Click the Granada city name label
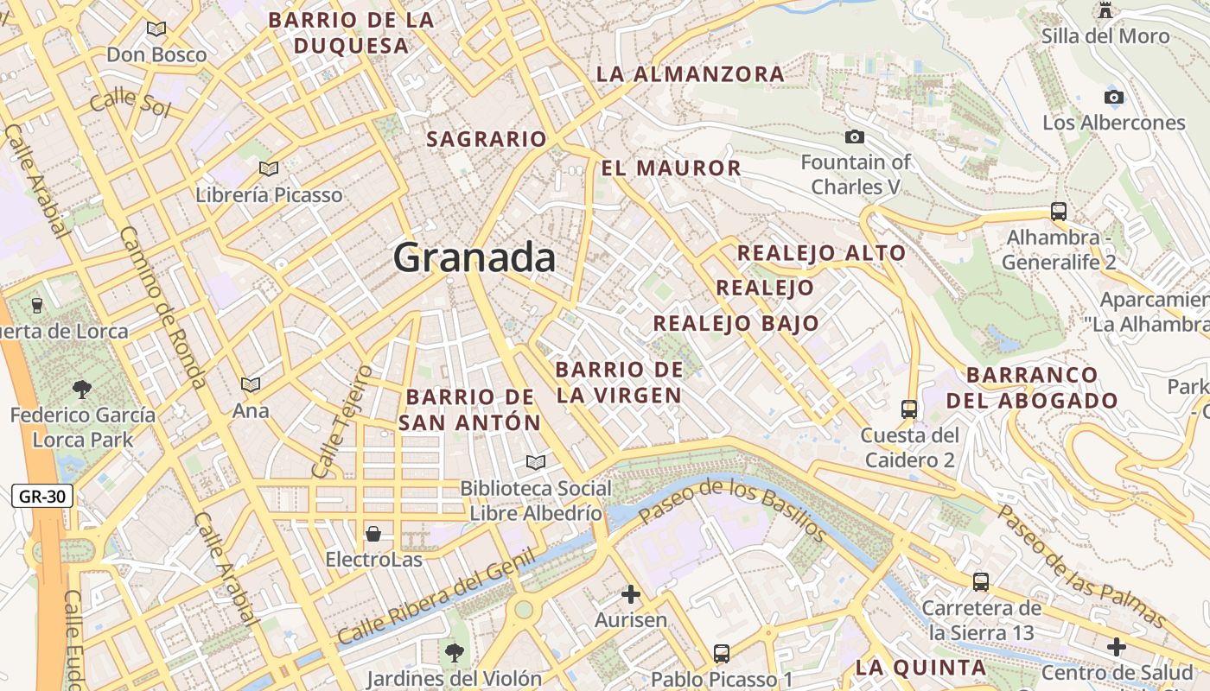coord(474,257)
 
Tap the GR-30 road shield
coord(42,496)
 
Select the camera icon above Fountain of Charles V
coord(855,136)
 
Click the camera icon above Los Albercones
coord(1114,97)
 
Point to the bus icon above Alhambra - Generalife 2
coord(1058,211)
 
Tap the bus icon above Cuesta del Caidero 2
coord(908,409)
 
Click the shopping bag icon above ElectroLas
coord(373,533)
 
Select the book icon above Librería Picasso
coord(269,168)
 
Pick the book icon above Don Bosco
coord(156,29)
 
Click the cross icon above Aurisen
coord(631,594)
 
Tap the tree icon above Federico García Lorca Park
coord(82,389)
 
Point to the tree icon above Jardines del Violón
coord(454,652)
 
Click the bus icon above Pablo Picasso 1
coord(722,654)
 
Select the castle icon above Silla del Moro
coord(1105,10)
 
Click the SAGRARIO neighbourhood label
coord(487,139)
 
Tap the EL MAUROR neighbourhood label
coord(672,168)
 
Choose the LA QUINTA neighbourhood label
coord(920,668)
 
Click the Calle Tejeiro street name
coord(342,422)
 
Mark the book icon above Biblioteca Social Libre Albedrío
coord(536,462)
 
